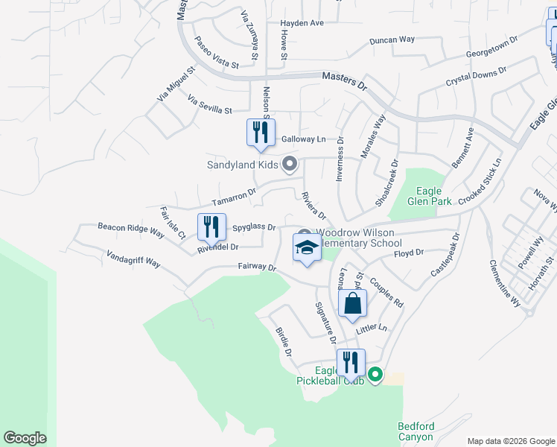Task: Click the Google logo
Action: [x=25, y=438]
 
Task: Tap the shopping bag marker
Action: [x=352, y=303]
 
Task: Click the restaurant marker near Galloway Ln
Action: [x=261, y=133]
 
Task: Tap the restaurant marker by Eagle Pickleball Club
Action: [x=351, y=363]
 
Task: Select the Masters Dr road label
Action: [x=345, y=81]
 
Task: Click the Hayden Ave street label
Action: [x=302, y=23]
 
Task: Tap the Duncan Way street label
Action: [x=392, y=39]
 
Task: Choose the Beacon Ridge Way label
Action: [x=131, y=229]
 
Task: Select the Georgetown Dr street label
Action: [x=491, y=49]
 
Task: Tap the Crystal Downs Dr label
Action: [x=476, y=77]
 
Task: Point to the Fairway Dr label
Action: [x=257, y=267]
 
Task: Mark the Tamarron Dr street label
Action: [x=233, y=197]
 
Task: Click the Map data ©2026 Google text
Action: [x=510, y=441]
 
